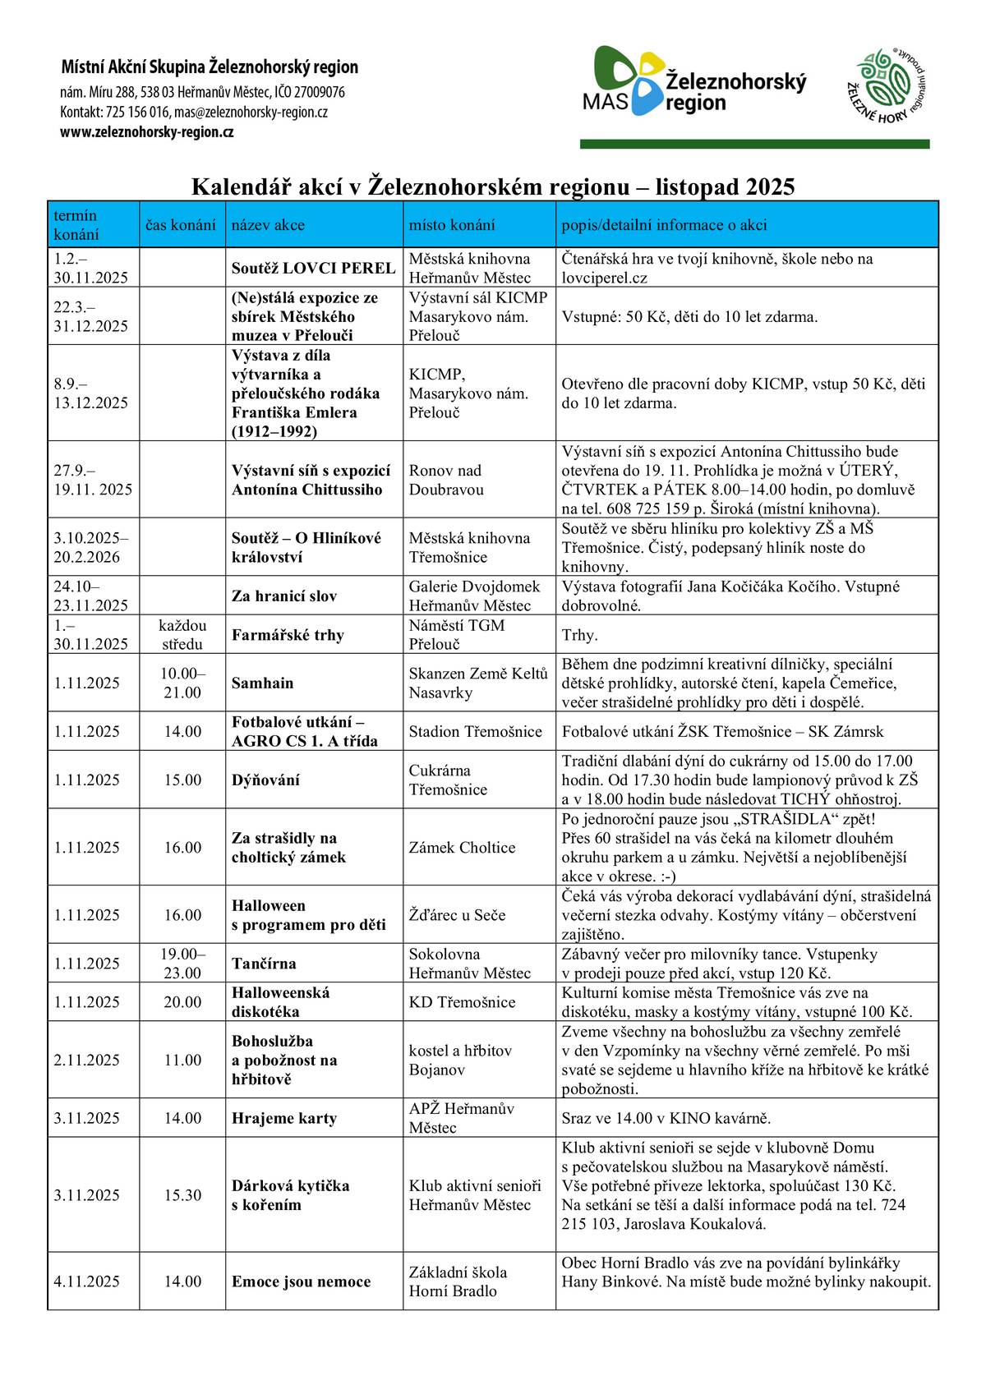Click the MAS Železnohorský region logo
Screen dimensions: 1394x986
(x=694, y=81)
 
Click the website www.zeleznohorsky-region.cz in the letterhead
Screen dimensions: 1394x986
(x=147, y=132)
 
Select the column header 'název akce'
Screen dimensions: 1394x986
(x=268, y=225)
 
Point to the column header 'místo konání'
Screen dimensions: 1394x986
(x=452, y=225)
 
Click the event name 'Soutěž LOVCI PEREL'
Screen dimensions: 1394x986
(x=313, y=268)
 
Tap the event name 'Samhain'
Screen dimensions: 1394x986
(x=262, y=683)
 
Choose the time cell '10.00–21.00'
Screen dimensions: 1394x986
(x=182, y=683)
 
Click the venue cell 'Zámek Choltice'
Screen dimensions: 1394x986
(x=462, y=848)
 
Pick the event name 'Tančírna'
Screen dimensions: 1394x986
(x=264, y=964)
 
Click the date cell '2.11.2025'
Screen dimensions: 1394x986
(x=86, y=1060)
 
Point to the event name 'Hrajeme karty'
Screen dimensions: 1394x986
(x=283, y=1118)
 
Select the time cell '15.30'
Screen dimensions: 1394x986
(x=182, y=1195)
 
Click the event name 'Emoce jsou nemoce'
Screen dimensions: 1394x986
(x=301, y=1281)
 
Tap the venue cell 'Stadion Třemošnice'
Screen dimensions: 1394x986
(x=475, y=732)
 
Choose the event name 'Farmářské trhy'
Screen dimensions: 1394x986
(x=288, y=635)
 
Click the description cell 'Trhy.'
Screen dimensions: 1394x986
(x=579, y=635)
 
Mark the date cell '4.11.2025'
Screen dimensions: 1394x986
(x=86, y=1281)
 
